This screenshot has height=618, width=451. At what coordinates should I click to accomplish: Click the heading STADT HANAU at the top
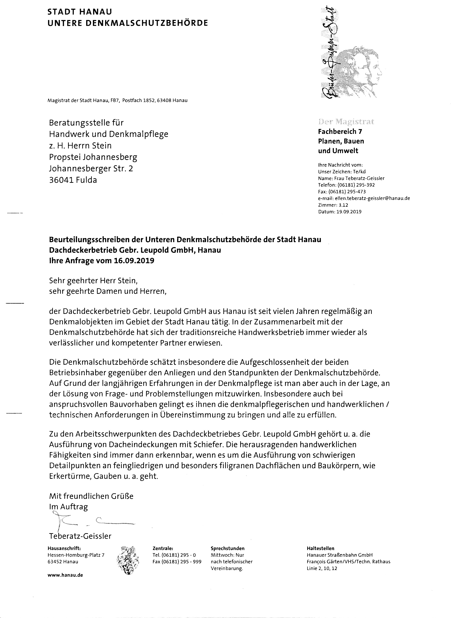pyautogui.click(x=80, y=12)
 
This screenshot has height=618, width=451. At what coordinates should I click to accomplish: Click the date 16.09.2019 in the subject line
pyautogui.click(x=133, y=261)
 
